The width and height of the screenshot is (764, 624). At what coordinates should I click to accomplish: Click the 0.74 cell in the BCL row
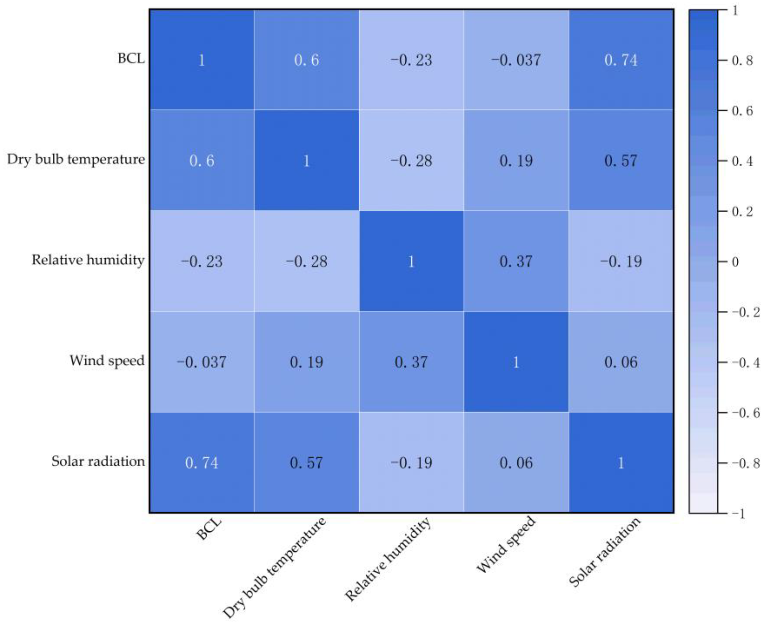click(621, 60)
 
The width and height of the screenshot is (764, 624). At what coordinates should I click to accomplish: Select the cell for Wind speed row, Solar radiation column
click(621, 362)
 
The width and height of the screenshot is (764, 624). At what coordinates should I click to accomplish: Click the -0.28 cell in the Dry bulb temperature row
click(411, 160)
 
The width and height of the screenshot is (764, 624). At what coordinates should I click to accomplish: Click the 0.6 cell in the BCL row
click(306, 60)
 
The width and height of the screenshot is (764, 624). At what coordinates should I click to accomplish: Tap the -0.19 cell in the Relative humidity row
click(621, 261)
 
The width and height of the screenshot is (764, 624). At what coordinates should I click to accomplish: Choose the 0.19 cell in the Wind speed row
click(306, 362)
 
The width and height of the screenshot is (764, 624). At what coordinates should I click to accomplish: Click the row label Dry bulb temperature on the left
click(76, 159)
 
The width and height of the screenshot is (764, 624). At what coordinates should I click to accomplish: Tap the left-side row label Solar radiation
click(98, 461)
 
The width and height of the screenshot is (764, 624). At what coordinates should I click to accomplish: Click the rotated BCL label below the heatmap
click(209, 528)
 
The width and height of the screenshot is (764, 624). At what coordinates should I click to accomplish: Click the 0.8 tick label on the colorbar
click(742, 61)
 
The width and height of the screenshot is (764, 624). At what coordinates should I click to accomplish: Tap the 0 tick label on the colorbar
click(735, 262)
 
